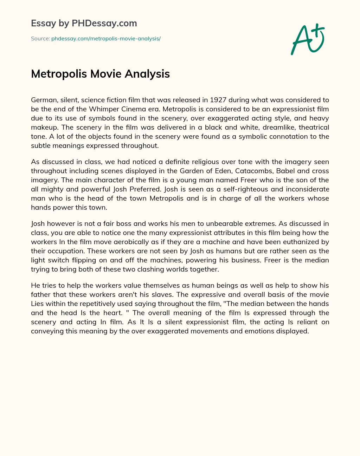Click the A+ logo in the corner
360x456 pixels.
click(308, 39)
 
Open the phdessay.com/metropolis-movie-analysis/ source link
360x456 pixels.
click(106, 39)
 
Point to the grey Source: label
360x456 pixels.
click(40, 39)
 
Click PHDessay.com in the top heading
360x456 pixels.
click(104, 23)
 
